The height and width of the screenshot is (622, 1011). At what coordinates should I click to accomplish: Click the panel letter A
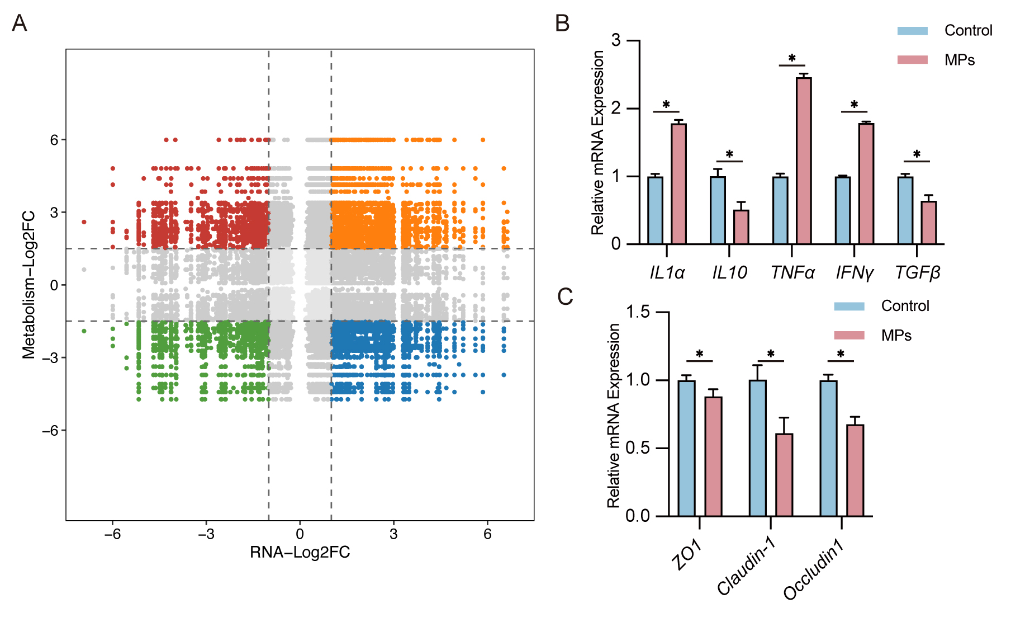coord(20,23)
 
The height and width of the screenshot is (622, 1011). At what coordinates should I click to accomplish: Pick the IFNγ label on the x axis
coord(854,272)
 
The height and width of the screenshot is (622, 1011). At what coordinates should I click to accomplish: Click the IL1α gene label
coord(667,272)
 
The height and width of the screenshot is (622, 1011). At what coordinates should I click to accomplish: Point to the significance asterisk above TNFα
coord(792,58)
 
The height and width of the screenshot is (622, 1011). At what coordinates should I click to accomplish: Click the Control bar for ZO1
coord(687,448)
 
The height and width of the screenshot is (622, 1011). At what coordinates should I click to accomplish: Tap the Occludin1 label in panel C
coord(813,575)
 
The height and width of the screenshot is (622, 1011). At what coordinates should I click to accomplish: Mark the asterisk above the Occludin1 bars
coord(841,354)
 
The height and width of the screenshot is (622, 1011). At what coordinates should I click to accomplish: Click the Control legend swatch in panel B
coord(912,31)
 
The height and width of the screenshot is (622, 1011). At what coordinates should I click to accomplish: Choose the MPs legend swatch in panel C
coord(849,335)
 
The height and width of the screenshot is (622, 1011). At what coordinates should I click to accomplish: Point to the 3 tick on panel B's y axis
coord(616,40)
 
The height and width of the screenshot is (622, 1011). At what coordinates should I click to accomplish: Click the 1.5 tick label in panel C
coord(638,312)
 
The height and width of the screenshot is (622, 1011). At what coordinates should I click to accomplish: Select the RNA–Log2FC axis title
coord(300,553)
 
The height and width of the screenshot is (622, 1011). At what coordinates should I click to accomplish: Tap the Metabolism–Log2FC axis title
coord(29,285)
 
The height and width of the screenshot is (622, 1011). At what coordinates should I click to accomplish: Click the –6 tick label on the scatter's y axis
coord(50,430)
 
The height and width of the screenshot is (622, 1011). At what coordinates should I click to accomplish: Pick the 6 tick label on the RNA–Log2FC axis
coord(487,534)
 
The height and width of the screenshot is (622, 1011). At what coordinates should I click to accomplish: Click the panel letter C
coord(565,296)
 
